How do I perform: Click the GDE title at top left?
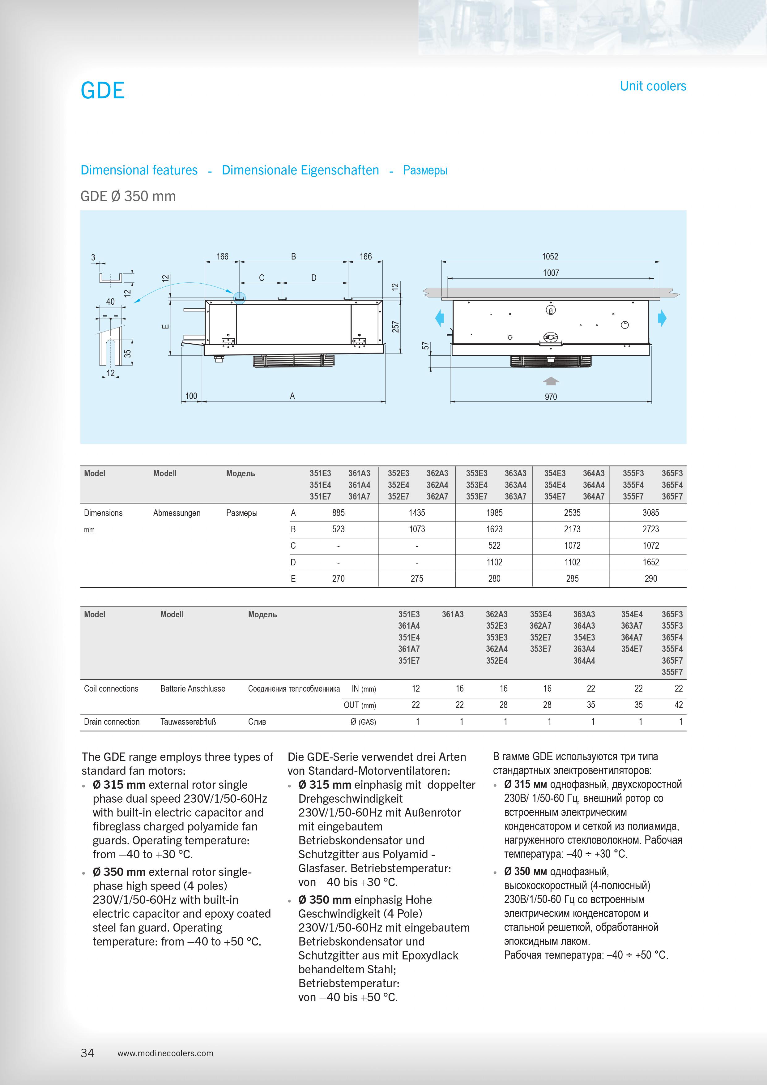(103, 90)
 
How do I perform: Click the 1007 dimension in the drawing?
(551, 273)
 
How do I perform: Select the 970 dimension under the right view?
(551, 397)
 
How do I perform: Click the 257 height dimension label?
(395, 327)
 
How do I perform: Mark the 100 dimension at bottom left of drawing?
(191, 396)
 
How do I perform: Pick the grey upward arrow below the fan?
(551, 381)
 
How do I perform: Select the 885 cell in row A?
(338, 513)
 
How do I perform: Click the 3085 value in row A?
(650, 513)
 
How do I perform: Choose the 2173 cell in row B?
(572, 529)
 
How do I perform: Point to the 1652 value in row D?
(650, 562)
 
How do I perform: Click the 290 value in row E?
(650, 578)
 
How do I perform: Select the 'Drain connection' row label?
(112, 722)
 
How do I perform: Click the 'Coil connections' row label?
(111, 688)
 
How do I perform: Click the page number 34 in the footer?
(87, 1053)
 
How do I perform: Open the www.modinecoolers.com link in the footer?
(165, 1053)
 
